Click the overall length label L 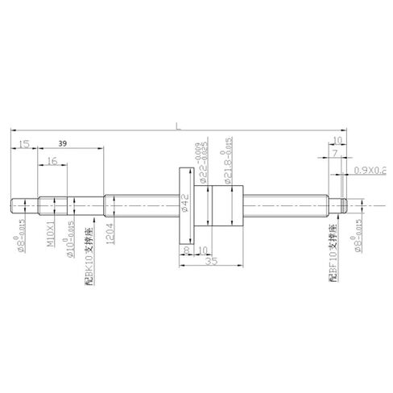click(x=177, y=123)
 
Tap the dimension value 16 click(x=52, y=162)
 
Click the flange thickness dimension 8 click(x=186, y=250)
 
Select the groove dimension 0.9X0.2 click(x=370, y=171)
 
